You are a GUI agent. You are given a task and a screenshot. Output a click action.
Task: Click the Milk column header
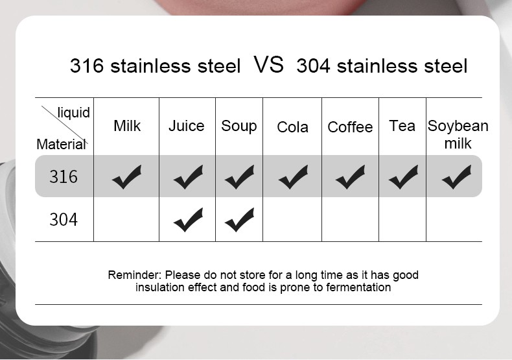[x=127, y=126]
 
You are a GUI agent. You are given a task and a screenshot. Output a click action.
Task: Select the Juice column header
[x=187, y=126]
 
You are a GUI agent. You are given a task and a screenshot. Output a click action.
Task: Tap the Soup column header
[x=239, y=126]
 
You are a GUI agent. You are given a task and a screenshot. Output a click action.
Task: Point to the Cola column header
[x=292, y=127]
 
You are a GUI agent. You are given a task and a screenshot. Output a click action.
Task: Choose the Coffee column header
[x=350, y=127]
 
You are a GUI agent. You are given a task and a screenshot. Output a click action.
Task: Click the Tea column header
[x=402, y=126]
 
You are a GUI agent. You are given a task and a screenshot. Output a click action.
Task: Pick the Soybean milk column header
[x=458, y=134]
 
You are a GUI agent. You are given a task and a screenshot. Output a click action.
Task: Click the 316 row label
[x=64, y=176]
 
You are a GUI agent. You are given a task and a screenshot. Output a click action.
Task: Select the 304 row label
[x=64, y=219]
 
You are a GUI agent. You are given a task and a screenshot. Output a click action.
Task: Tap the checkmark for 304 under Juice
[x=188, y=220]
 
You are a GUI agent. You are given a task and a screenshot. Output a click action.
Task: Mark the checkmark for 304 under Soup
[x=239, y=220]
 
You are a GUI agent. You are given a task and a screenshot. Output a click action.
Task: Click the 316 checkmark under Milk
[x=126, y=177]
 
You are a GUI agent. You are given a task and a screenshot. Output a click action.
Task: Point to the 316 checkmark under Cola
[x=293, y=177]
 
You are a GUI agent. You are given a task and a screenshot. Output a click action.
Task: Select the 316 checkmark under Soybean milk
[x=456, y=177]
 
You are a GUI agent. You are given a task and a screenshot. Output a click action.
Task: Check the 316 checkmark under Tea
[x=403, y=177]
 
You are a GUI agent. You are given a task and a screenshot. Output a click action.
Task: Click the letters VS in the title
[x=268, y=64]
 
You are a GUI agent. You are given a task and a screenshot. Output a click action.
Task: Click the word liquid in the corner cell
[x=73, y=113]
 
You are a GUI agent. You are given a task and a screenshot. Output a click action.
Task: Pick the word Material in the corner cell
[x=61, y=144]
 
